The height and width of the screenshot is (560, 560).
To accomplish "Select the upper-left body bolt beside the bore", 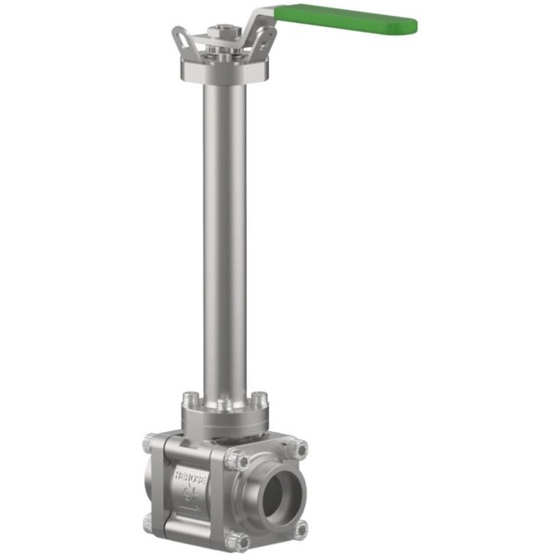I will [239, 460].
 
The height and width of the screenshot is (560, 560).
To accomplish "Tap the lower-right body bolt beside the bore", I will [300, 529].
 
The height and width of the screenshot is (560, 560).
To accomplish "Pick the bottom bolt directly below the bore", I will [240, 541].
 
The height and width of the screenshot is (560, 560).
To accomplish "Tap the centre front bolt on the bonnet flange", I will [224, 405].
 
